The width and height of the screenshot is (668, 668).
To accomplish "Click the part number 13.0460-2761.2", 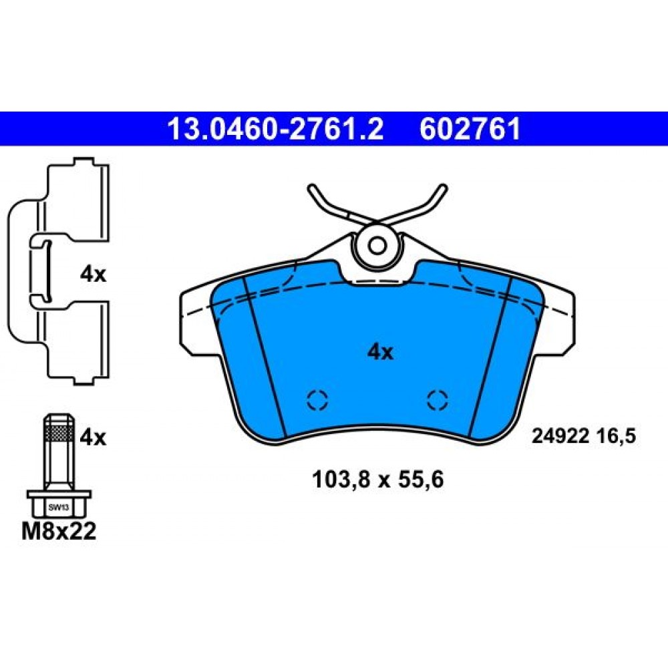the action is point(276,129).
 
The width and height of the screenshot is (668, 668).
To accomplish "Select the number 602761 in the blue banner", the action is point(470,129).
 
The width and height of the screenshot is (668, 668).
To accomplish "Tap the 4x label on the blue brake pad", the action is point(381,352).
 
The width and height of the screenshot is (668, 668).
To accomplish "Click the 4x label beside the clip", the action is point(93,275).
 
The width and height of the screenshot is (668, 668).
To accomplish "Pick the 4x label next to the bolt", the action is point(93,437).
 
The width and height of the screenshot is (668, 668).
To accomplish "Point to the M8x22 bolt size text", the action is point(59,531).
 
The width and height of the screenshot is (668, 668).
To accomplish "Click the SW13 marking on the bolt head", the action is point(58,508).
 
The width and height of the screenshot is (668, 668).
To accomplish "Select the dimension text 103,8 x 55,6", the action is point(378,479).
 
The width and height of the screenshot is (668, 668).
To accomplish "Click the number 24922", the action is point(560,436).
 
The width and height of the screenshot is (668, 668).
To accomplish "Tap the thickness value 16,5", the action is point(616,436).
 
